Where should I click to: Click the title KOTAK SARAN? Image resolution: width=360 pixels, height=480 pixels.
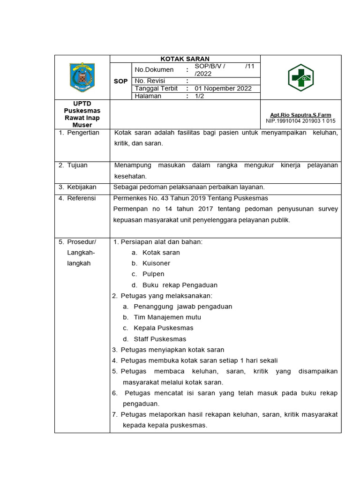point(185,59)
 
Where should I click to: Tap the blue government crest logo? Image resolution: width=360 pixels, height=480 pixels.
point(82,77)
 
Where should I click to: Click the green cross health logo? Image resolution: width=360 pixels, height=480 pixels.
point(300,77)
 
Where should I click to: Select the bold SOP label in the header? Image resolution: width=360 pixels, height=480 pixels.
point(120,81)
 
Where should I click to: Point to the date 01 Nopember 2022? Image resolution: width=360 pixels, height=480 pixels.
point(223,88)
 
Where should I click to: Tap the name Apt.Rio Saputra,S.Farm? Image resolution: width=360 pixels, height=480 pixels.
point(300,115)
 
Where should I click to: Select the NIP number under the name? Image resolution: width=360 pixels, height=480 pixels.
point(300,121)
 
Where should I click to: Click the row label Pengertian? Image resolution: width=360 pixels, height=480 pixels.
point(83,133)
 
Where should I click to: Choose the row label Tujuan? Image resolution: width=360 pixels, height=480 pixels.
point(77,165)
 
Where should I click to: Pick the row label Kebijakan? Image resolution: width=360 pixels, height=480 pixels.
point(81,187)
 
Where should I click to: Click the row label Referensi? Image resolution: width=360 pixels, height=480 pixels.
point(81,198)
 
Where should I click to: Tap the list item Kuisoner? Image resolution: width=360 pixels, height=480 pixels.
point(156,263)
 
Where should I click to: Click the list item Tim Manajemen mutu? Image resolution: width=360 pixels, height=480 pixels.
point(167,317)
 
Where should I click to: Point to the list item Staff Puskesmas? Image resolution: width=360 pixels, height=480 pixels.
point(160,339)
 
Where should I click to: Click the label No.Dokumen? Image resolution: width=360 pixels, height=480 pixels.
point(154,70)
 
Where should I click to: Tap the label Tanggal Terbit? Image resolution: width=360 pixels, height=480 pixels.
point(156,88)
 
